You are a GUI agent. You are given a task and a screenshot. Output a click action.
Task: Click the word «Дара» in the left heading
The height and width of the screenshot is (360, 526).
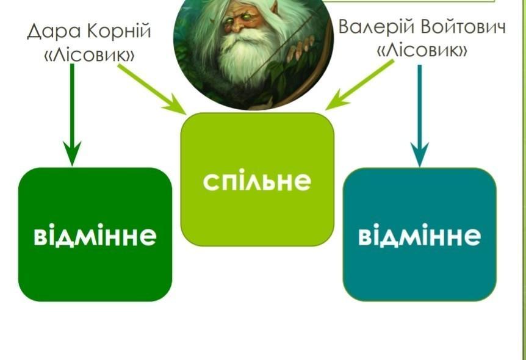[54, 31]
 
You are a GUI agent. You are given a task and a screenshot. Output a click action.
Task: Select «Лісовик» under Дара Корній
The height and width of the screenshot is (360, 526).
[89, 54]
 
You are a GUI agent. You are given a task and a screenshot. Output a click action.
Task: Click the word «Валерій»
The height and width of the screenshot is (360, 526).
[376, 26]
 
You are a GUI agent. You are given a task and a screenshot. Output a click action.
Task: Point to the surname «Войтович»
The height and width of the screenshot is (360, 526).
[463, 26]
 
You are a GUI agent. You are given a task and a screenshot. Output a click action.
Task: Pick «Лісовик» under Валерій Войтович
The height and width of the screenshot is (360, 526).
[422, 50]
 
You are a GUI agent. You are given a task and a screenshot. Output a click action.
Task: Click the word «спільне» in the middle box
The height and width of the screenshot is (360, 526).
[257, 181]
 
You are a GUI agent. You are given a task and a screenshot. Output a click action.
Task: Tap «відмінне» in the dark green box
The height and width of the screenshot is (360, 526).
[95, 236]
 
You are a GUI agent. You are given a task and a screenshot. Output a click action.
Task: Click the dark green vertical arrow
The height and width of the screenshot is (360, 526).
[72, 115]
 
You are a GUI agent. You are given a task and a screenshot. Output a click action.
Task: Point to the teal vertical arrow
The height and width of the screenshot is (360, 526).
[419, 116]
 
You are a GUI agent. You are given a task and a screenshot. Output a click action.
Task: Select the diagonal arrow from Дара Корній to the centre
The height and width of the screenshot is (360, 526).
[152, 89]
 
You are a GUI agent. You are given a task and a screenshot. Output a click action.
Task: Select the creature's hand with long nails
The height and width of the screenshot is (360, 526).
[302, 47]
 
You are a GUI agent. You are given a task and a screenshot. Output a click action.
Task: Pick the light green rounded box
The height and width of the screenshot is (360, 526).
[258, 179]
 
